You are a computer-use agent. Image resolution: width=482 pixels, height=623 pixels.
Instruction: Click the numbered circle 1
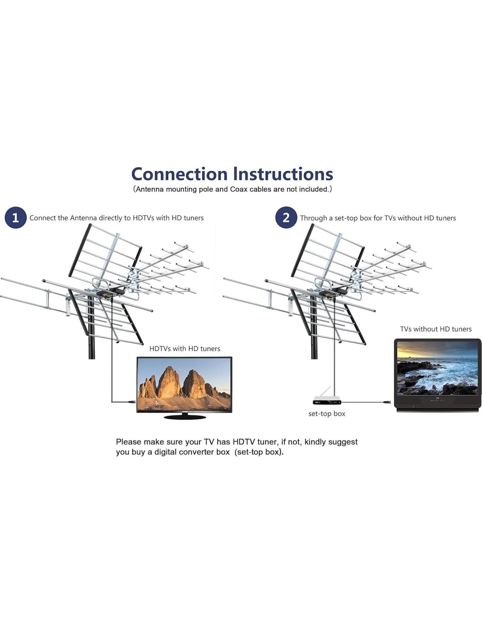[x=15, y=218]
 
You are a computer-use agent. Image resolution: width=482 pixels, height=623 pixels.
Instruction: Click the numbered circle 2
[x=286, y=218]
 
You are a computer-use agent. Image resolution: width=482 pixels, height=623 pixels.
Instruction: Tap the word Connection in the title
[x=179, y=174]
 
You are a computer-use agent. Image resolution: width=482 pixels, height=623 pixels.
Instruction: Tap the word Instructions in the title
[x=283, y=174]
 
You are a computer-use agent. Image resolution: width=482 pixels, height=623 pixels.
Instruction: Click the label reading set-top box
[x=326, y=414]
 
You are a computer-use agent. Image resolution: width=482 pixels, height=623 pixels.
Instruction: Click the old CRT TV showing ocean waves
[x=437, y=375]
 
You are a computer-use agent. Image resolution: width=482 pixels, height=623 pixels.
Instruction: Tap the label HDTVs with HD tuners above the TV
[x=184, y=349]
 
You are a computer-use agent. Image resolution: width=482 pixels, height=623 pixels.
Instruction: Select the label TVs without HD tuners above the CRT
[x=436, y=329]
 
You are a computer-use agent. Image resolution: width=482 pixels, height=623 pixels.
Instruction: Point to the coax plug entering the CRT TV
[x=387, y=402]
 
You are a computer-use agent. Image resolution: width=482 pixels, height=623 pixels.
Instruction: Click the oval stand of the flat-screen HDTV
[x=184, y=417]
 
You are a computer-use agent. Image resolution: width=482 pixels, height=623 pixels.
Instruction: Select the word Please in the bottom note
[x=128, y=442]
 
